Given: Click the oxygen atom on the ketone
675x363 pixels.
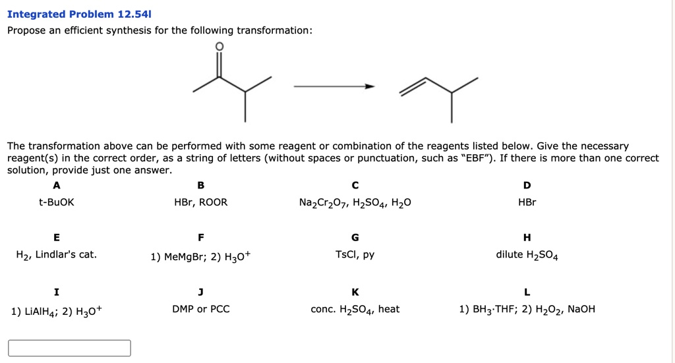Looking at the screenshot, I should pyautogui.click(x=220, y=47).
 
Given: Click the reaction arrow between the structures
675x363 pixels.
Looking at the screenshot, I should pyautogui.click(x=334, y=86).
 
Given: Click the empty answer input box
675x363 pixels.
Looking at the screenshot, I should pyautogui.click(x=69, y=348).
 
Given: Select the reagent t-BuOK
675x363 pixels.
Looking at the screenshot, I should pyautogui.click(x=56, y=202).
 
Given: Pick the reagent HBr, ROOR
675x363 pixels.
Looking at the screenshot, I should pyautogui.click(x=200, y=202).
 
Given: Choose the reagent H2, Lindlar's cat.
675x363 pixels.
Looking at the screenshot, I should pyautogui.click(x=56, y=255).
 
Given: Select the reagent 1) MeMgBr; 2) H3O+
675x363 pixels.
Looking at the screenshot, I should pyautogui.click(x=200, y=256).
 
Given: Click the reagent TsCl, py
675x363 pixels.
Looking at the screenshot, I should pyautogui.click(x=355, y=255).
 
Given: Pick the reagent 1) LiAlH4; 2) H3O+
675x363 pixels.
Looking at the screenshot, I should pyautogui.click(x=56, y=310).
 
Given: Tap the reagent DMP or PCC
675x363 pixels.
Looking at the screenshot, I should pyautogui.click(x=200, y=309).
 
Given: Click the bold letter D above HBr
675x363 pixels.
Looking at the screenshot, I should pyautogui.click(x=527, y=184).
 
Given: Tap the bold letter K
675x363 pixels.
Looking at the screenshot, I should pyautogui.click(x=355, y=292).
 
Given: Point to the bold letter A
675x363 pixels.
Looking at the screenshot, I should pyautogui.click(x=56, y=184).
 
